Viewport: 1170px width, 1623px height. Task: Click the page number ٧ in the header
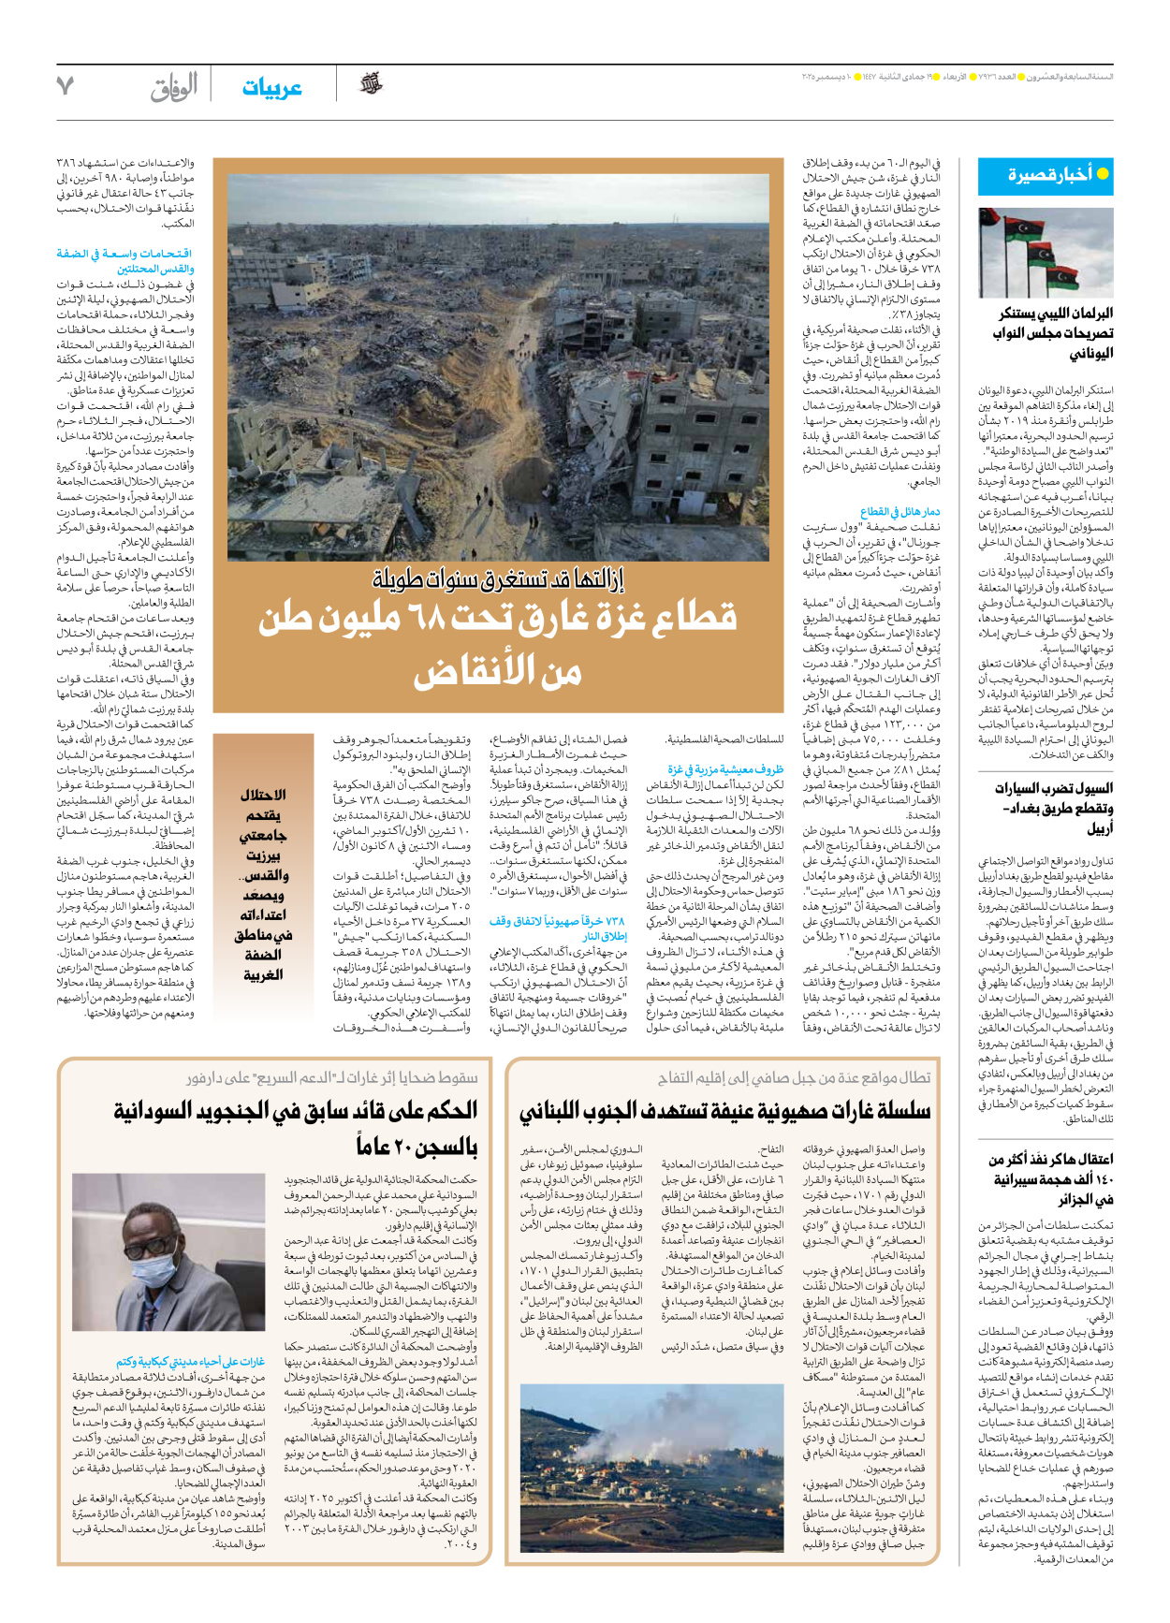(65, 86)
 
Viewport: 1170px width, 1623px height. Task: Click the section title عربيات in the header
(271, 88)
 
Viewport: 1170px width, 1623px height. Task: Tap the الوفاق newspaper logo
(174, 88)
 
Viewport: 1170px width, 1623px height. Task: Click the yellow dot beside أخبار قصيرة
(1103, 174)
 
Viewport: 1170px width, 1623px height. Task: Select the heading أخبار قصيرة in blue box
(1049, 175)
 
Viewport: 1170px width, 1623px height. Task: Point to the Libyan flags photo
(1046, 253)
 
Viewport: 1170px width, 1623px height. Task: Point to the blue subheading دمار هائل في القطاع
(899, 512)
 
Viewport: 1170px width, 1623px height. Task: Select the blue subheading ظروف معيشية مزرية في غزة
(725, 769)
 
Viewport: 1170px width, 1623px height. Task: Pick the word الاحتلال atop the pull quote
(263, 795)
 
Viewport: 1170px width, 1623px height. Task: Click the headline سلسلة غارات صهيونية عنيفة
(724, 1111)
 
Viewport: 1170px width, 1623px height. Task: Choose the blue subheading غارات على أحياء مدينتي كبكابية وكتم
(190, 1362)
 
